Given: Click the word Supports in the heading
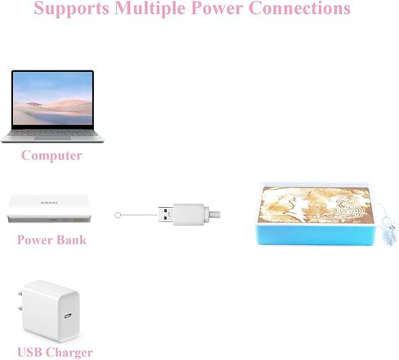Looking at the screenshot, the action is click(x=71, y=9).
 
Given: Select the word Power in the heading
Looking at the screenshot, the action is click(x=217, y=8).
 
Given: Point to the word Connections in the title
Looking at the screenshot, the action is click(x=299, y=8).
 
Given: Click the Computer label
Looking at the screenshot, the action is click(x=52, y=155).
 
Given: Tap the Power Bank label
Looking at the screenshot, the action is click(x=52, y=240).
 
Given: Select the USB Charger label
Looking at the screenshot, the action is click(x=55, y=352).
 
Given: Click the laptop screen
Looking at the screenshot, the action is click(x=52, y=98).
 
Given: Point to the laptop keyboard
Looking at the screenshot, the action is click(x=52, y=133).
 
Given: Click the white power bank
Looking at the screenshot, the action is click(x=49, y=209).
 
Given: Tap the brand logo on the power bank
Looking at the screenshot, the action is click(x=49, y=203).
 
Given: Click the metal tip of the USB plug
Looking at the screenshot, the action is click(x=165, y=214).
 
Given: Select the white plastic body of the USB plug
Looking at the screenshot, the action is click(x=189, y=214).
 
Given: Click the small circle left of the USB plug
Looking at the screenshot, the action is click(x=118, y=215).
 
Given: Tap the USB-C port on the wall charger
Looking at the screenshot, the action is click(x=68, y=316).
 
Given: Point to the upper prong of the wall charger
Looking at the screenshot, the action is click(x=20, y=294).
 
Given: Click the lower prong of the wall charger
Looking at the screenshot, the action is click(x=20, y=308).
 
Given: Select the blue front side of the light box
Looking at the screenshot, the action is click(x=316, y=234).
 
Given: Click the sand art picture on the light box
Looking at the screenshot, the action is click(x=316, y=205).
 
